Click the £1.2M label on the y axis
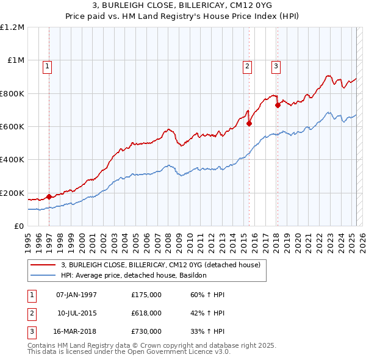pyautogui.click(x=12, y=27)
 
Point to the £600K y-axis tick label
pyautogui.click(x=12, y=127)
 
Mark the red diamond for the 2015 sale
pyautogui.click(x=249, y=123)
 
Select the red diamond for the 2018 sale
pyautogui.click(x=278, y=105)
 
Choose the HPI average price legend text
pyautogui.click(x=134, y=275)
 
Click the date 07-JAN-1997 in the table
pyautogui.click(x=76, y=295)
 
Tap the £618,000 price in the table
pyautogui.click(x=146, y=313)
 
